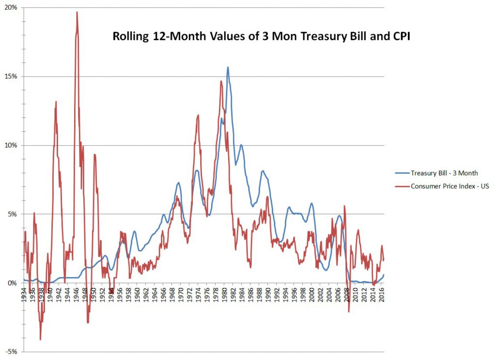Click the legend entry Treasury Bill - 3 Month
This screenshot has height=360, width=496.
click(x=445, y=172)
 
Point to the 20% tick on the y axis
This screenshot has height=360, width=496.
click(x=11, y=8)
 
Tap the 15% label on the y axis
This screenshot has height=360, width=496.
click(x=11, y=77)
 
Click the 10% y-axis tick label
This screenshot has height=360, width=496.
click(x=11, y=145)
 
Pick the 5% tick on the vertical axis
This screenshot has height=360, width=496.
click(x=12, y=214)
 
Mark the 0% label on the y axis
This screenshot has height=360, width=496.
click(x=12, y=283)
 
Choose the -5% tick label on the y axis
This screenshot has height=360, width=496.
click(x=11, y=351)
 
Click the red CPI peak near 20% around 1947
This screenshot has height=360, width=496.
click(x=77, y=13)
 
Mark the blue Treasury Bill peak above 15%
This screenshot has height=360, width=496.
click(x=228, y=67)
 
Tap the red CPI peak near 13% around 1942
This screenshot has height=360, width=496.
click(x=56, y=102)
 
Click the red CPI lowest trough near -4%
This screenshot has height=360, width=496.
click(x=40, y=340)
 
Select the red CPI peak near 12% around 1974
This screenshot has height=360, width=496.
click(x=198, y=115)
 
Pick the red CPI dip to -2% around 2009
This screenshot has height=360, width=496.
click(x=349, y=312)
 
